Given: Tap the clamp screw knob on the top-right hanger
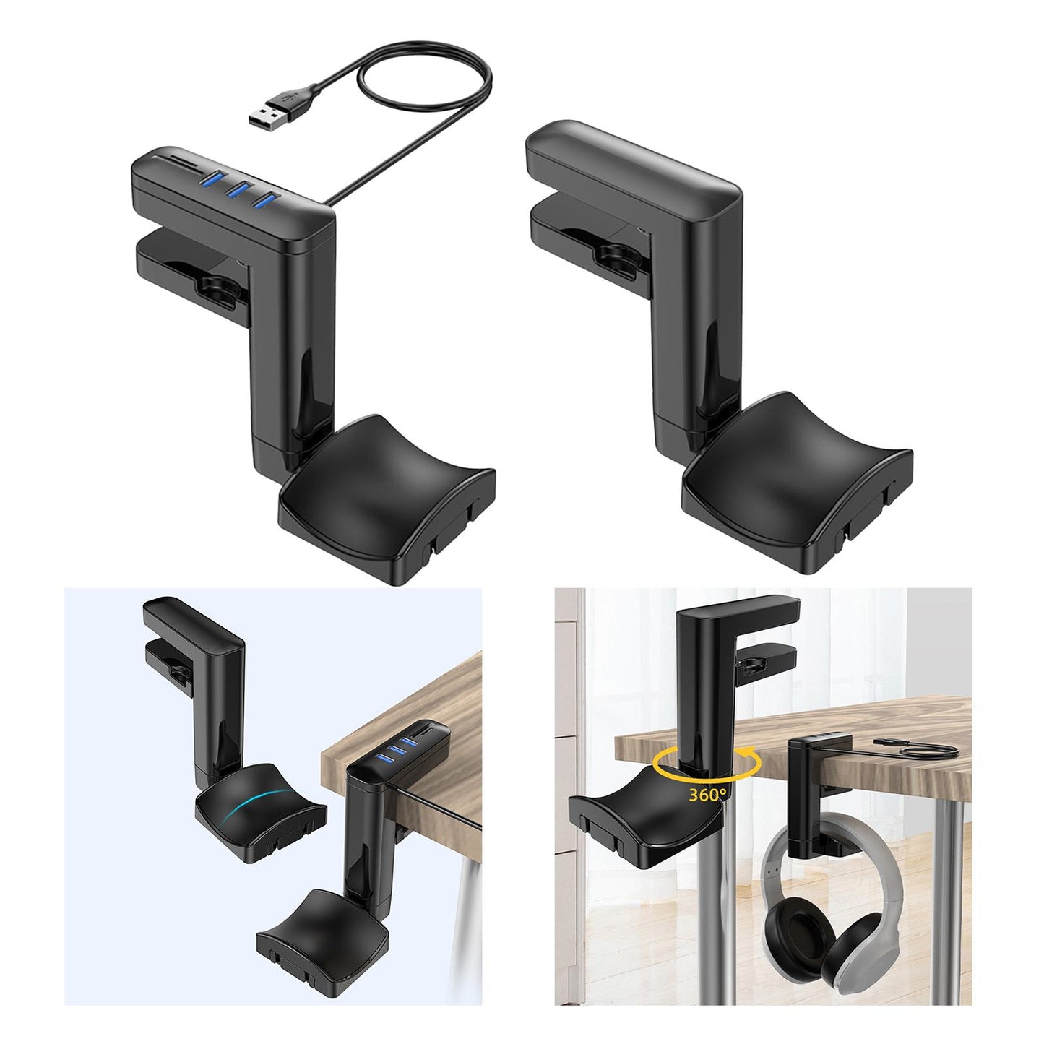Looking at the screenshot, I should pos(614,254).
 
